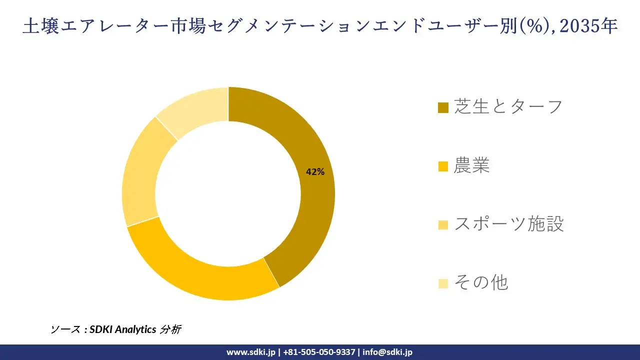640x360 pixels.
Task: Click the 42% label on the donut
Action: click(x=315, y=172)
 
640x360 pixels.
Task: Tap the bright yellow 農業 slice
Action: click(x=200, y=270)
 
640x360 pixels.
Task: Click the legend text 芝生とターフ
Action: click(x=508, y=106)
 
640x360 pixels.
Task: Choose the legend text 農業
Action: click(x=471, y=165)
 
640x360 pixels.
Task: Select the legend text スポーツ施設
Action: click(x=508, y=224)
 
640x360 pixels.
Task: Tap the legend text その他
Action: click(x=480, y=282)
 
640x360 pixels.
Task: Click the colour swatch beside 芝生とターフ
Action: click(x=443, y=108)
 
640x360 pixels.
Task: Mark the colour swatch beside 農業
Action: click(x=443, y=166)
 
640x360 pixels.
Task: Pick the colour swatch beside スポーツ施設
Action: click(x=443, y=225)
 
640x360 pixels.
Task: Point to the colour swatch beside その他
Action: click(x=443, y=283)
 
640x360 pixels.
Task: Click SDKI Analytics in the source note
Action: click(x=122, y=329)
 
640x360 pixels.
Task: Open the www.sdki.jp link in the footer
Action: click(x=251, y=352)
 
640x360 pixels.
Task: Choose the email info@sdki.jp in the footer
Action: click(x=387, y=352)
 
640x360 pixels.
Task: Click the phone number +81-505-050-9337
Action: click(x=320, y=352)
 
